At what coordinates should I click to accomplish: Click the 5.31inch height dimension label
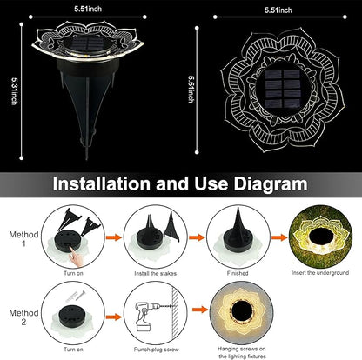coord(14,91)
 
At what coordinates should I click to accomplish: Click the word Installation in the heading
coord(102,183)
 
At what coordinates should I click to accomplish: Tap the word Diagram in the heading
coord(271,184)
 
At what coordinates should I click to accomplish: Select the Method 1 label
coord(23,239)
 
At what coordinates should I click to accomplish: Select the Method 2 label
coord(23,317)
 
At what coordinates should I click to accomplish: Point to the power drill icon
coord(147,317)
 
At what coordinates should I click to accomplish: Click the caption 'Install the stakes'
coord(155,273)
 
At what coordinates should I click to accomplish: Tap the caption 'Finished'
coord(238,273)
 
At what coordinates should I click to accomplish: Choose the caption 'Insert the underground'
coord(320,273)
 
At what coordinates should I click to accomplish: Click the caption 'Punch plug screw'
coord(157,350)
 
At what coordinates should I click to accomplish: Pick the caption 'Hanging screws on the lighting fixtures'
coord(242,352)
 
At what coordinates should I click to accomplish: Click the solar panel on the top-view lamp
coord(282,88)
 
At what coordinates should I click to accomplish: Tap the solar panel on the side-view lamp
coord(87,44)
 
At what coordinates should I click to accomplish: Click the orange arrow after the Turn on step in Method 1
coord(114,237)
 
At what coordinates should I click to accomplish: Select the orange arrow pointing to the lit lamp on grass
coord(279,237)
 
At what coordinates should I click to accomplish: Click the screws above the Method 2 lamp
coord(76,296)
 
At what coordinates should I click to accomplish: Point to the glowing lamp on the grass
coord(320,237)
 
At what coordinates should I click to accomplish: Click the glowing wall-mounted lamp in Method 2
coord(241,312)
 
